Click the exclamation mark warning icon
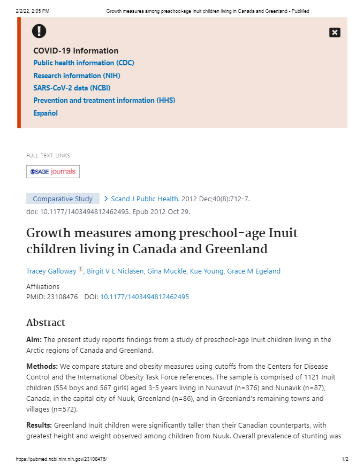pyautogui.click(x=39, y=32)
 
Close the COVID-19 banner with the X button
pyautogui.click(x=335, y=33)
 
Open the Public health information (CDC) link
pyautogui.click(x=84, y=63)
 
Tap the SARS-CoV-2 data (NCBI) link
pyautogui.click(x=72, y=88)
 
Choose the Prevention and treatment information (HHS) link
pyautogui.click(x=104, y=100)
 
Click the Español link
pyautogui.click(x=45, y=113)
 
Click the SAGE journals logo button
pyautogui.click(x=53, y=172)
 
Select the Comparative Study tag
pyautogui.click(x=63, y=199)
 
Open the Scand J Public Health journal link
pyautogui.click(x=145, y=199)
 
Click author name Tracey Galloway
pyautogui.click(x=51, y=271)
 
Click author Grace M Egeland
pyautogui.click(x=254, y=271)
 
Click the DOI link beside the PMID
pyautogui.click(x=145, y=297)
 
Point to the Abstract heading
pyautogui.click(x=45, y=323)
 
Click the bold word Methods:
pyautogui.click(x=42, y=367)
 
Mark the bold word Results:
pyautogui.click(x=40, y=426)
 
